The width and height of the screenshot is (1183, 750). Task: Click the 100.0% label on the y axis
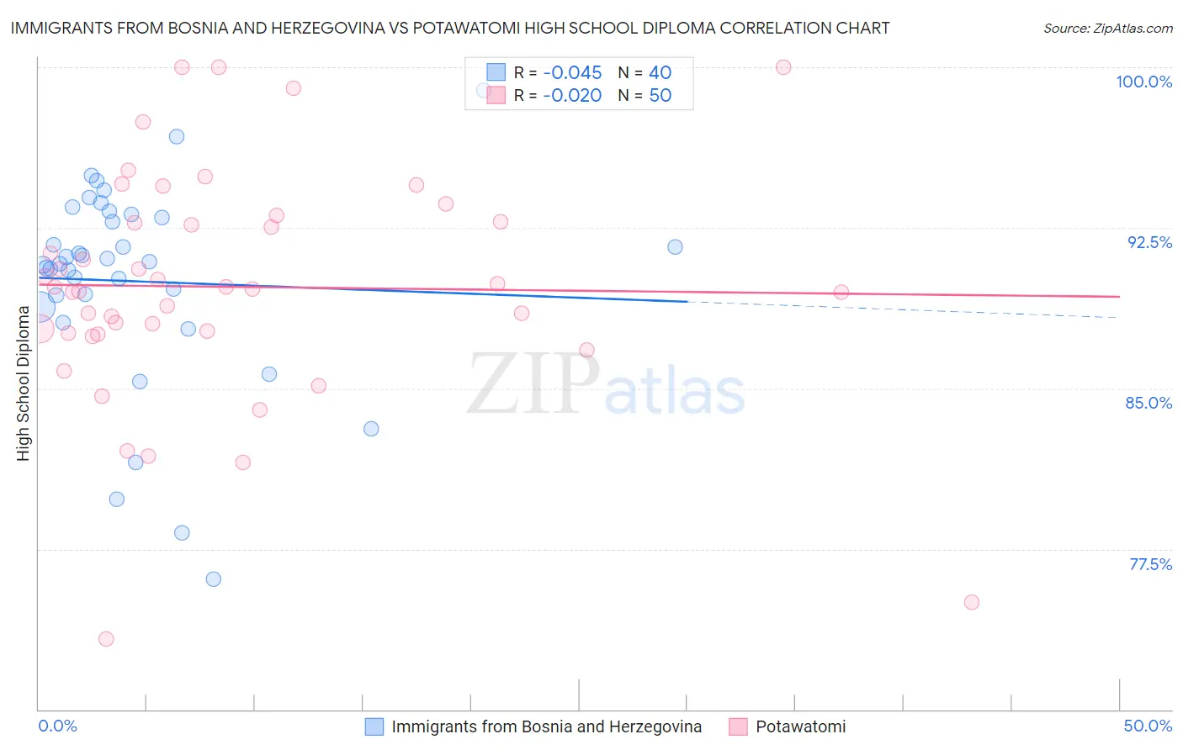point(1143,82)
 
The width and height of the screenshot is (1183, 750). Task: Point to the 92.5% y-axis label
point(1149,242)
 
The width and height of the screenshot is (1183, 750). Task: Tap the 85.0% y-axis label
point(1149,403)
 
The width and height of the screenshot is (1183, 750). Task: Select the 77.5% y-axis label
point(1150,564)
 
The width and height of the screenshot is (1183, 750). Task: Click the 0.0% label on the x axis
point(57,726)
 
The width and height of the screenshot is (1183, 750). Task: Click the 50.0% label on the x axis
point(1148,726)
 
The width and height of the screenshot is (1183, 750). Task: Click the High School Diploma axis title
point(24,383)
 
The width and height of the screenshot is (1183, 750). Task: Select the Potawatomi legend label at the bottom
point(800,726)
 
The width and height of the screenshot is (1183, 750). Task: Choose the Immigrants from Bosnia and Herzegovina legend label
point(546,726)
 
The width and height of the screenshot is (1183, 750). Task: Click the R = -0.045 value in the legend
point(558,73)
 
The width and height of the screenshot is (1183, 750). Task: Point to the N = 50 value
point(645,96)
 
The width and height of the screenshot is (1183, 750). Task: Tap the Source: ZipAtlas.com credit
point(1107,29)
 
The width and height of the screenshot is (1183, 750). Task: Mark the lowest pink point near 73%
point(106,639)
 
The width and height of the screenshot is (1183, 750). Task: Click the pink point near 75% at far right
point(972,602)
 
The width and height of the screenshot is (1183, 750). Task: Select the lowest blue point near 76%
point(214,579)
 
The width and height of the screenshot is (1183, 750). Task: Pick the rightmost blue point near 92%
point(675,247)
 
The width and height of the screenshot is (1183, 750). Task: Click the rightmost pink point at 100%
point(783,67)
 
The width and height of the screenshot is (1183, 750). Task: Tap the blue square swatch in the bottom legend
point(374,726)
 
